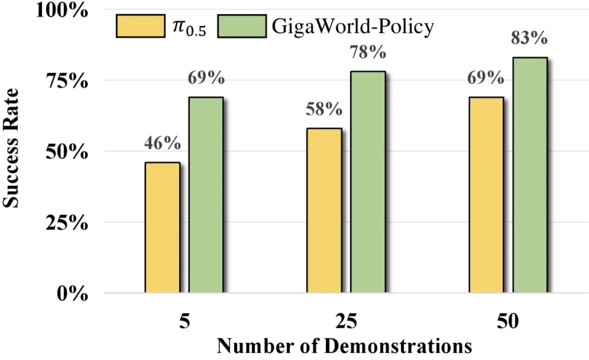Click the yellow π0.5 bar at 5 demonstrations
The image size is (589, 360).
click(x=162, y=227)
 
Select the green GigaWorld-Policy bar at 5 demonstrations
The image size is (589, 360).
click(x=206, y=195)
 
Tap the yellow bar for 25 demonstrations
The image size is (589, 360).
click(x=324, y=210)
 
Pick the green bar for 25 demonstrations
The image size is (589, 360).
click(x=368, y=182)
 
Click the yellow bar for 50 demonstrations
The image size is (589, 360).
click(x=486, y=195)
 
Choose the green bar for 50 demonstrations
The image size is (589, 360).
click(x=530, y=175)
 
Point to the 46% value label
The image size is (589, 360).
click(x=162, y=143)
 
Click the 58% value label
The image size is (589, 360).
click(x=324, y=109)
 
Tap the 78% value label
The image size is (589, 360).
click(x=368, y=52)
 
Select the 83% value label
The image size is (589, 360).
click(x=529, y=38)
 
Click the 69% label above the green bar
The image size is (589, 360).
click(x=206, y=78)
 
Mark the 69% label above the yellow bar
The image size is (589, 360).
click(x=485, y=78)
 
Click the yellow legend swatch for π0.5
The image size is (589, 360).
click(x=141, y=26)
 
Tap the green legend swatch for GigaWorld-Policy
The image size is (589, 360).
click(x=242, y=26)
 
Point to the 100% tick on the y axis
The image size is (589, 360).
click(x=62, y=11)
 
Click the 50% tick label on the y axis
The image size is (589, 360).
click(x=67, y=152)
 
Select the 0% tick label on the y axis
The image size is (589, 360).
click(x=72, y=294)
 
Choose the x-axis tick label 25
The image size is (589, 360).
click(x=346, y=321)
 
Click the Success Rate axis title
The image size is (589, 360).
click(x=11, y=148)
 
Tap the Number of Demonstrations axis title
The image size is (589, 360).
click(x=345, y=346)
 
